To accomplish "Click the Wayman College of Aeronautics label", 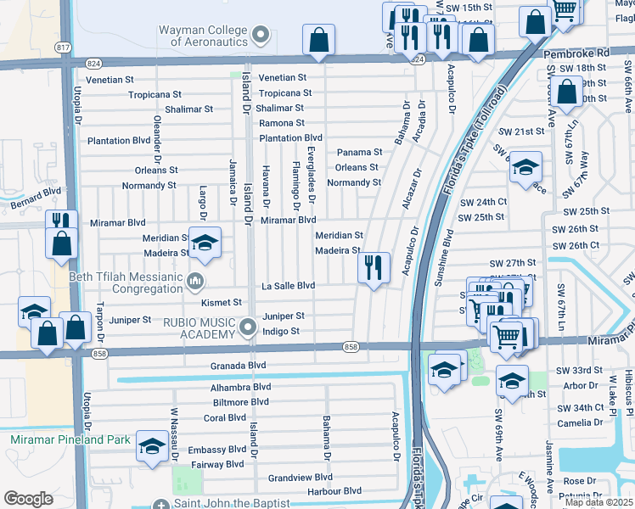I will (x=203, y=35).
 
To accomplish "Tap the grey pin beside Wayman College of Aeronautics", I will (x=261, y=35).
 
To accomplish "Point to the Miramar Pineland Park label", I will (x=70, y=439).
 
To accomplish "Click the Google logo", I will (x=28, y=499).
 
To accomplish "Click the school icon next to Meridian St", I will (x=204, y=243).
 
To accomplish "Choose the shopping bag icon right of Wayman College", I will (x=318, y=39).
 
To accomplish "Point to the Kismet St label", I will (x=221, y=301).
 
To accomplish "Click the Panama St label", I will (x=360, y=152).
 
